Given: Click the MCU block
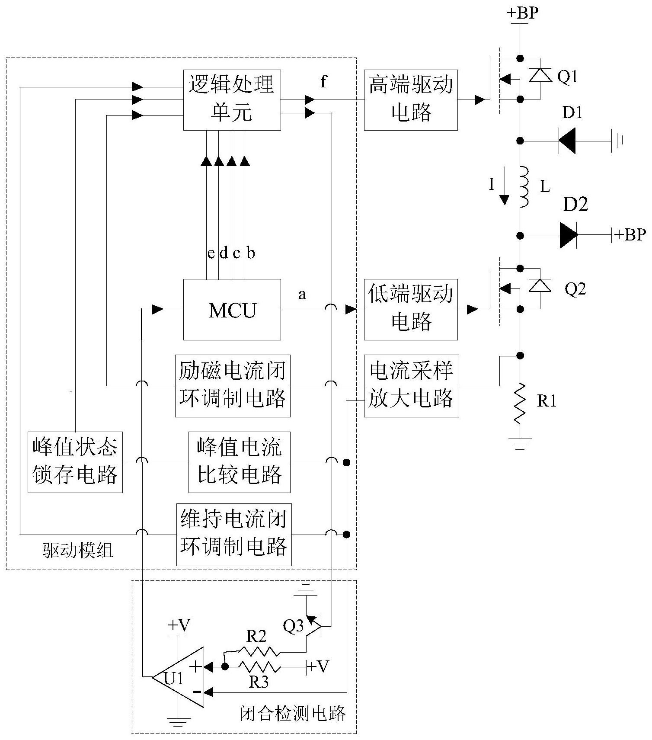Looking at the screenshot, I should tap(232, 310).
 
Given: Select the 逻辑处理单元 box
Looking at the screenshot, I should tap(232, 100).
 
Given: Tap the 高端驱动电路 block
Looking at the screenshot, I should tap(410, 100).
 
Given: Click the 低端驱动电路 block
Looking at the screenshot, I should tap(410, 310).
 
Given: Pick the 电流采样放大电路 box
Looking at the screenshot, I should tap(411, 386).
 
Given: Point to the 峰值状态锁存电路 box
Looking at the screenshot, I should tap(75, 462).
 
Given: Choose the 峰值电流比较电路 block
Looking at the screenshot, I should tap(239, 462).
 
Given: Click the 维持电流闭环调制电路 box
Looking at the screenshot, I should tap(233, 535).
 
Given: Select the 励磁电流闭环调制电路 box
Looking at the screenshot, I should tap(232, 386).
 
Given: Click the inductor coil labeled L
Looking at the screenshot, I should tap(523, 187).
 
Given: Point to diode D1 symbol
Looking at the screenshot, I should tap(567, 141).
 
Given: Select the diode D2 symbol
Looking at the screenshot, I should tap(569, 235).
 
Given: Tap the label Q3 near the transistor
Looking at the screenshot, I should tap(293, 626).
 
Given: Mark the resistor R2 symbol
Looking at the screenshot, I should tap(259, 651).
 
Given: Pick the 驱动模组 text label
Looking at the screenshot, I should tap(78, 551).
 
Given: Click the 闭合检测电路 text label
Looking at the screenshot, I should tap(293, 713).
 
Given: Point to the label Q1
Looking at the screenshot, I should tap(567, 77).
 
